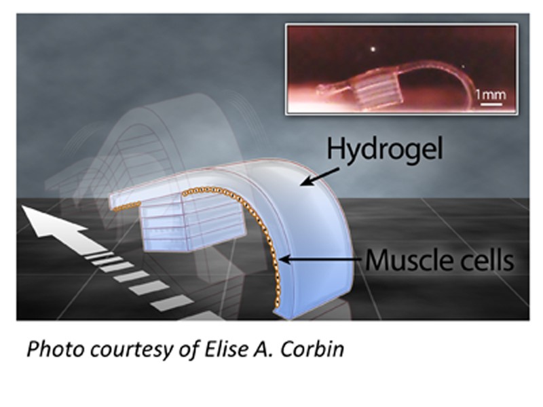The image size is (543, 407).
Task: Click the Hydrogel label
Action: click(384, 149)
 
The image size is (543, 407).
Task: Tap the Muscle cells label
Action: click(439, 260)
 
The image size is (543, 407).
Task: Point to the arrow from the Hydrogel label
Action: click(319, 176)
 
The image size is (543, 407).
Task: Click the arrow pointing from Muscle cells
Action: click(321, 259)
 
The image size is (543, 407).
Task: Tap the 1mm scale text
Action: click(491, 94)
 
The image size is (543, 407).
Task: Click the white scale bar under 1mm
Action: click(491, 104)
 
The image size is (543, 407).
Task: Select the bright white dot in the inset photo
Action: click(373, 49)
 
